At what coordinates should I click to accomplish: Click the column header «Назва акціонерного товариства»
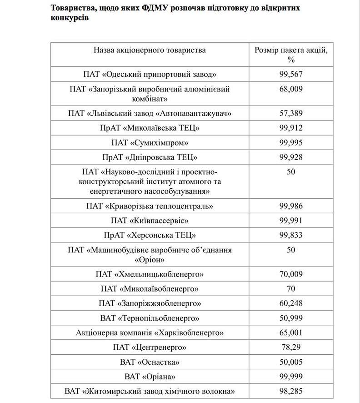click(150, 50)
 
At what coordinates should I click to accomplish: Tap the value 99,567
click(291, 74)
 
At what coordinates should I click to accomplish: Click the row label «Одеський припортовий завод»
click(150, 74)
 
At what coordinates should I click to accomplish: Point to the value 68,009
click(291, 89)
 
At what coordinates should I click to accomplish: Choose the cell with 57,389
click(291, 113)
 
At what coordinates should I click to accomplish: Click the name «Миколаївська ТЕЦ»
click(150, 128)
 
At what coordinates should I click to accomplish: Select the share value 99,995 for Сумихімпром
click(291, 143)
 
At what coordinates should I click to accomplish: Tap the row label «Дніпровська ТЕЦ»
click(150, 157)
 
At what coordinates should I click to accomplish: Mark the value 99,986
click(291, 206)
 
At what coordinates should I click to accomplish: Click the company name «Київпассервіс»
click(150, 221)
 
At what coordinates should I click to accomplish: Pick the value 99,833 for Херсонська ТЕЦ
click(291, 235)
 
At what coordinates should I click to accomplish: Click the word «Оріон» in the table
click(150, 260)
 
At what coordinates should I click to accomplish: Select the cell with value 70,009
click(291, 274)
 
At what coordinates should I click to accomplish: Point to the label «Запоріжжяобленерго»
click(150, 303)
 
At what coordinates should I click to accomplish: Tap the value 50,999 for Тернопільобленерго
click(291, 318)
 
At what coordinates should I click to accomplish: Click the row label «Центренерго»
click(150, 348)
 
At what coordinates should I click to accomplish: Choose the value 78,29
click(291, 348)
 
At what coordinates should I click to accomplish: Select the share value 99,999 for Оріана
click(291, 377)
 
